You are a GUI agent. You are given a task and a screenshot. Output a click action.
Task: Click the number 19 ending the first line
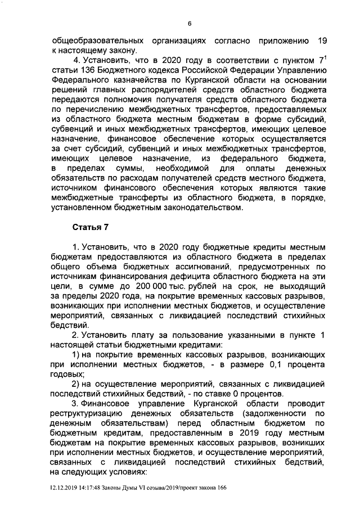[x=322, y=41]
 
